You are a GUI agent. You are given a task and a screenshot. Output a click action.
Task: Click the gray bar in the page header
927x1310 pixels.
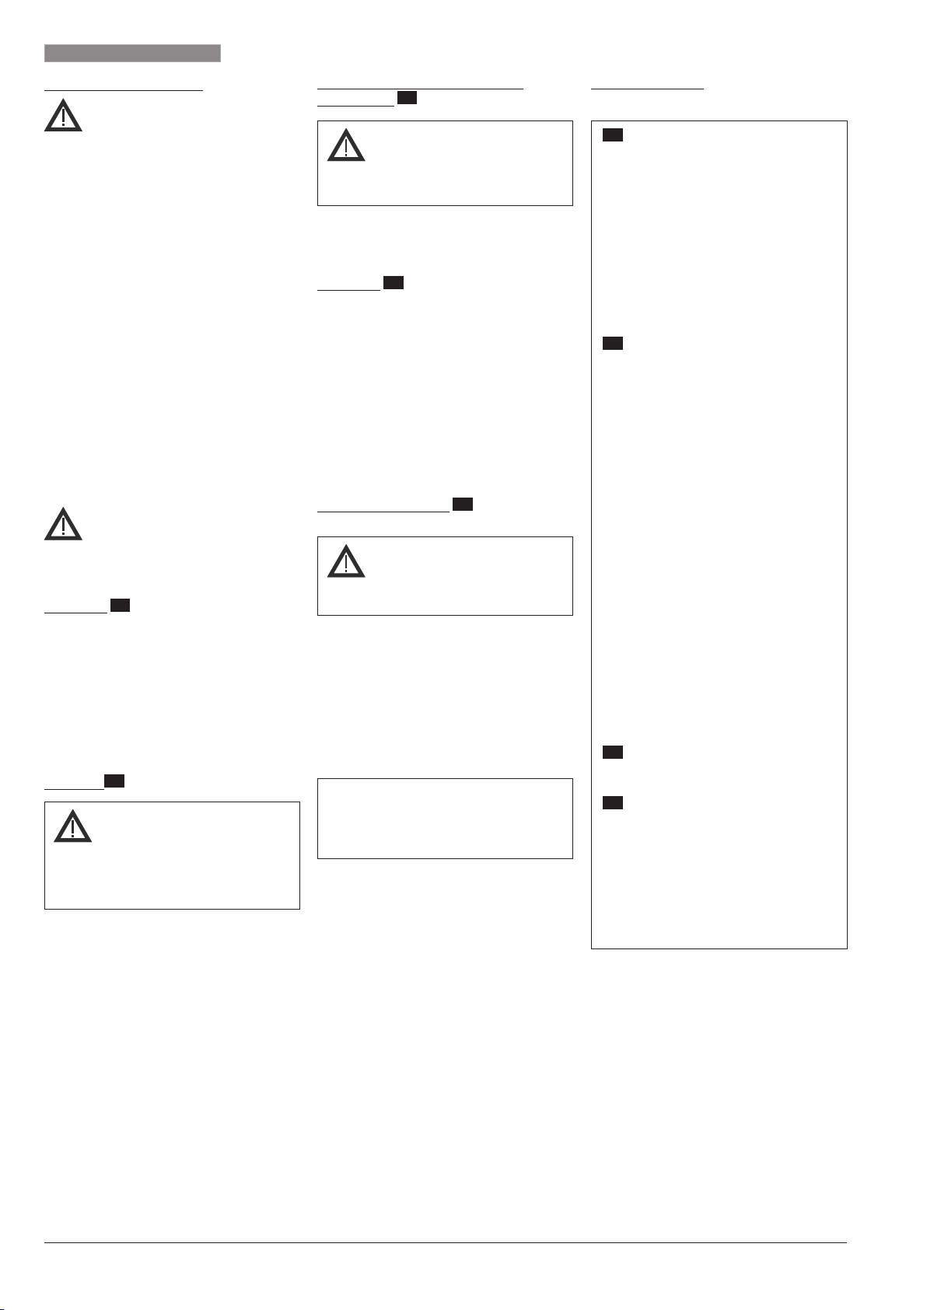coord(132,53)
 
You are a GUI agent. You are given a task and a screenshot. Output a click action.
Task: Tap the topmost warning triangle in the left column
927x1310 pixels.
coord(63,117)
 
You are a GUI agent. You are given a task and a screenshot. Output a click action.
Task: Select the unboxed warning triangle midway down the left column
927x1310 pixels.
coord(63,525)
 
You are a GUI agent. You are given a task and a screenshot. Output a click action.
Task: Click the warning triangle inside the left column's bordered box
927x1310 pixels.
coord(72,827)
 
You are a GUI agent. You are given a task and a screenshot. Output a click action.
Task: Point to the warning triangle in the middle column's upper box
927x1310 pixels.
coord(346,146)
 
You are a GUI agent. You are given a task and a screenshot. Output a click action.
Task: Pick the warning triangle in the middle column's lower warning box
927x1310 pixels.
coord(346,561)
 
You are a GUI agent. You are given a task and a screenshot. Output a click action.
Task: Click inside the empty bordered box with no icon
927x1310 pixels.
coord(445,819)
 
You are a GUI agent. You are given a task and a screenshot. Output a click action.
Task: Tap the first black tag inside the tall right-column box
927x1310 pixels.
coord(613,136)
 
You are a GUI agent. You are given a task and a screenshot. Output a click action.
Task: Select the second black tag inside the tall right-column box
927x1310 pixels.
coord(613,343)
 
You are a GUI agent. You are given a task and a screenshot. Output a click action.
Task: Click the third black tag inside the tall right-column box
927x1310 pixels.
coord(613,752)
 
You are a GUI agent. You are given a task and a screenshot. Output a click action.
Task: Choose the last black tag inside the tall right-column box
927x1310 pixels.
coord(613,802)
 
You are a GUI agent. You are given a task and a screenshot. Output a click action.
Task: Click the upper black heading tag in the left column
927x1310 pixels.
coord(120,605)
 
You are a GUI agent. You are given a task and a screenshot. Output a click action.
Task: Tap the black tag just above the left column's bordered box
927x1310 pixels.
coord(114,781)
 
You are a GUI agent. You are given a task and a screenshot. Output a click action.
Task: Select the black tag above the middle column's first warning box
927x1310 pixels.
coord(408,97)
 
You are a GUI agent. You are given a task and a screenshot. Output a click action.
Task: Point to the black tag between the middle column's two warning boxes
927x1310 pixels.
coord(394,282)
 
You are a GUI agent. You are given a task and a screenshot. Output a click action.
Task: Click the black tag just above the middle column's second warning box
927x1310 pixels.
coord(463,505)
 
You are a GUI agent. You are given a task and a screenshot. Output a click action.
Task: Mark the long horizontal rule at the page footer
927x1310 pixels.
coord(445,1242)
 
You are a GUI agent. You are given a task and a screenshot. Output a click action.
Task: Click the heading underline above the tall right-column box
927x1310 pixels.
coord(647,89)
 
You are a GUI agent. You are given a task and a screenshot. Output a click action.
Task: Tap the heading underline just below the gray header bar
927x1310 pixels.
coord(124,89)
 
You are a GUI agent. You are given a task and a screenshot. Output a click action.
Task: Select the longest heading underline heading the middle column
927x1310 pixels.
coord(420,89)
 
